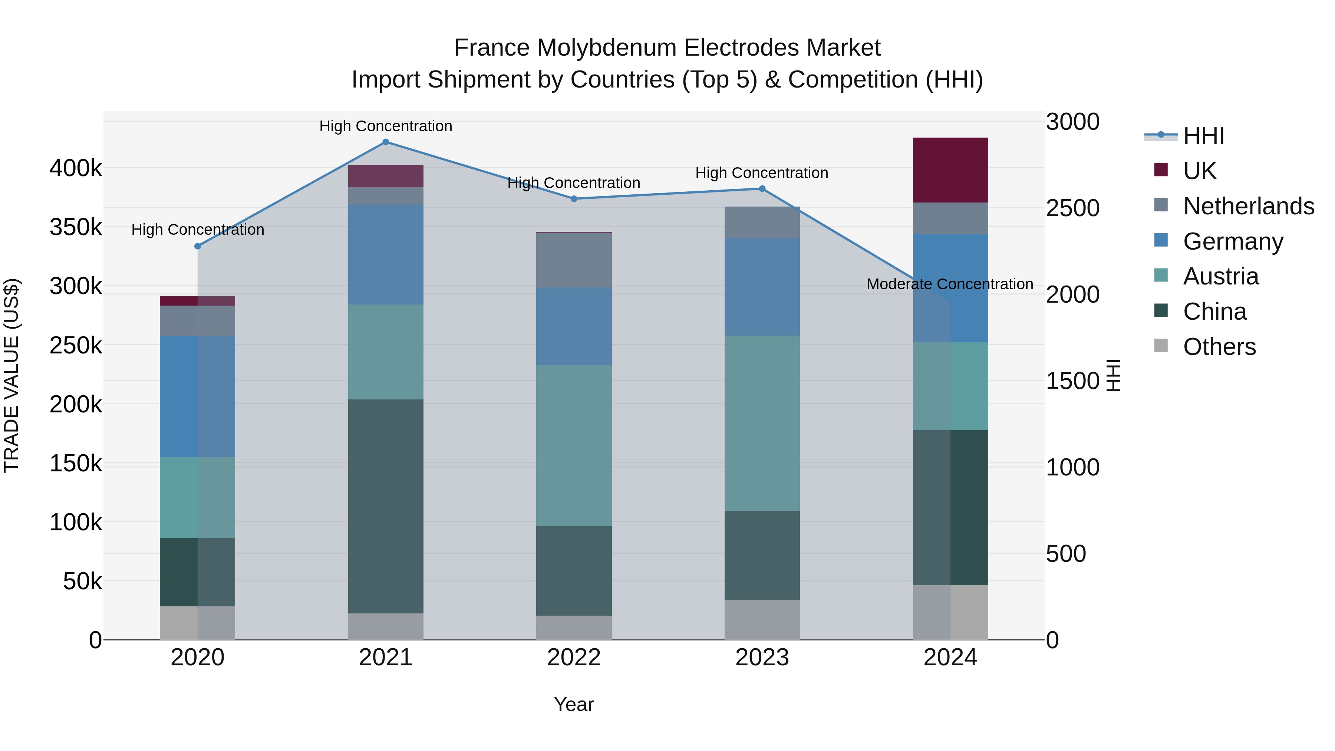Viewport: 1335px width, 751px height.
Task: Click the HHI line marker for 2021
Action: coord(386,142)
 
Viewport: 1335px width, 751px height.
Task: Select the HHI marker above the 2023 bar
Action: coord(762,189)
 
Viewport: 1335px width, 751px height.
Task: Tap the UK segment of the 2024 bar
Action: coord(950,170)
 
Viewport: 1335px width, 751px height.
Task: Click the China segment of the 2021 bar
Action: coord(386,506)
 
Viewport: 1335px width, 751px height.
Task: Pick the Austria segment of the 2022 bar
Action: coord(574,446)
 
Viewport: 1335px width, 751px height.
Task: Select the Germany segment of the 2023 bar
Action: coord(762,287)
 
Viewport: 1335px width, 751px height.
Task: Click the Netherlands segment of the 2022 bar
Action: coord(574,260)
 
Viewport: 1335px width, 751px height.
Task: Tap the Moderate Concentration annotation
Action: coord(949,284)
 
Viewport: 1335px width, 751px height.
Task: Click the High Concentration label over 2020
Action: coord(197,230)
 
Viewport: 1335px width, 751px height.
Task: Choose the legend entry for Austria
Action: coord(1220,276)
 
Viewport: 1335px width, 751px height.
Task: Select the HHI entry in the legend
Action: coord(1203,136)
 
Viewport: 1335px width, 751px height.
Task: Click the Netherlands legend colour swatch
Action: coord(1161,205)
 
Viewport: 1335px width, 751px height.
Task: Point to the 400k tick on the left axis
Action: coord(76,168)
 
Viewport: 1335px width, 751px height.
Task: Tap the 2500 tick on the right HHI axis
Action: coord(1072,208)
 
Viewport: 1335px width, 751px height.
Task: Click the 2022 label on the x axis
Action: coord(574,658)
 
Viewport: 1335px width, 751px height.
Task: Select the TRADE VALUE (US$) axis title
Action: coord(11,375)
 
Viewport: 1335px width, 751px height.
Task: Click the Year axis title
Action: coord(574,704)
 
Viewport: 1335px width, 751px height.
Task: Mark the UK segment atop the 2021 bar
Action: coord(386,176)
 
